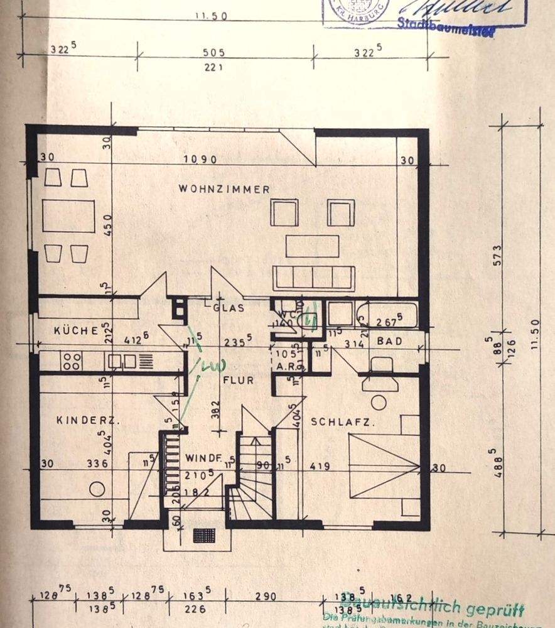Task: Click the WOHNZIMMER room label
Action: [x=224, y=188]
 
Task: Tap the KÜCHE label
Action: [x=76, y=330]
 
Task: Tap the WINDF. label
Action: [x=200, y=458]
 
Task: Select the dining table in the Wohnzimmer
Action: [x=68, y=216]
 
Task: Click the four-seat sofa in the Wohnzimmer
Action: [x=314, y=277]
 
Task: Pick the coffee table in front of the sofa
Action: [x=312, y=246]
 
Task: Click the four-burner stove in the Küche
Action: [x=72, y=360]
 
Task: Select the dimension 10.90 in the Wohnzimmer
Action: [x=200, y=160]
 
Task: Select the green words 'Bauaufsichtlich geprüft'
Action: [x=427, y=608]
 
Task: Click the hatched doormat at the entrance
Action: [x=204, y=535]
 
